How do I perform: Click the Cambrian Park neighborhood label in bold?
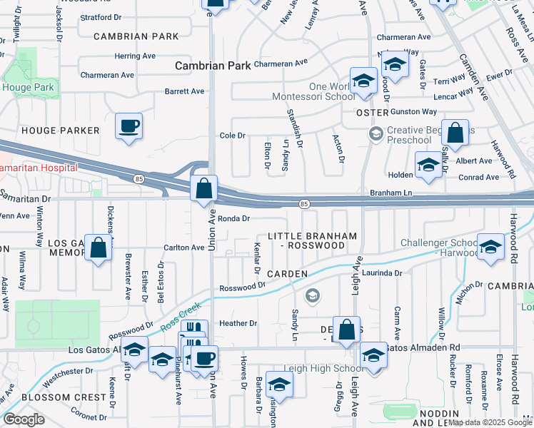(x=213, y=66)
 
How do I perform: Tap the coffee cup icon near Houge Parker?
(x=129, y=127)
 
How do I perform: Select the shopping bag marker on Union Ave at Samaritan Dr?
(x=204, y=190)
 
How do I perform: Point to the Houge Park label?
(x=28, y=88)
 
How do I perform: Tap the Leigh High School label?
(x=323, y=368)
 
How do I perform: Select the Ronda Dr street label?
(x=233, y=219)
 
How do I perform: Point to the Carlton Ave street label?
(x=184, y=248)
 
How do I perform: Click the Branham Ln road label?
(x=392, y=193)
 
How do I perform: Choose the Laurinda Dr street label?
(x=383, y=272)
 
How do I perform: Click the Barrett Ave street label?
(x=184, y=91)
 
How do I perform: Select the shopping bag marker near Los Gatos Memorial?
(x=99, y=249)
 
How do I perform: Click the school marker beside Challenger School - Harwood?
(x=490, y=248)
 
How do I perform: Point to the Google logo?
(x=24, y=419)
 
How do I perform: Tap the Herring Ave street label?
(x=135, y=56)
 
